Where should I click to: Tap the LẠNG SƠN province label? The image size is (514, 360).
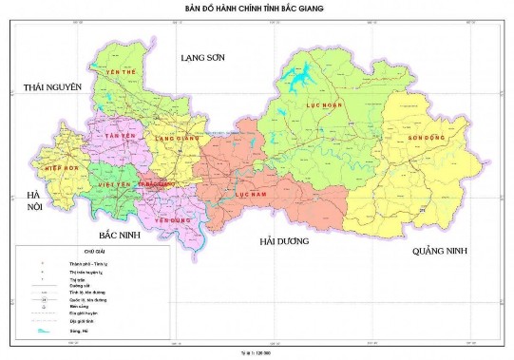[201, 58]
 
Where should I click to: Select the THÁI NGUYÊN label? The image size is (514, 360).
[53, 87]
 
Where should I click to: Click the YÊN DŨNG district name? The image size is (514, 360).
[167, 218]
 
